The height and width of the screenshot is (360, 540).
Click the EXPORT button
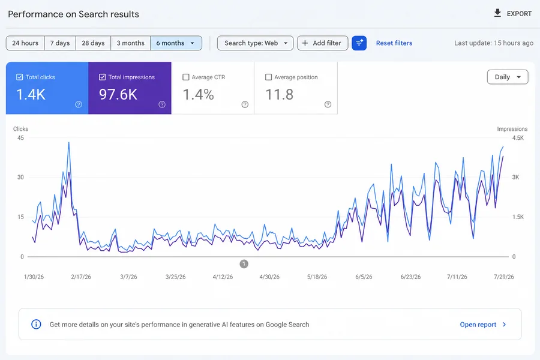coord(513,13)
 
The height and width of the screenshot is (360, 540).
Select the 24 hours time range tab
coord(25,43)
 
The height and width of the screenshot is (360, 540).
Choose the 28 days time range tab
coord(93,43)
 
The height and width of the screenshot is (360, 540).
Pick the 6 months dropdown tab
coord(176,43)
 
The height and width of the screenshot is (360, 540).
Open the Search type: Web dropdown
coord(255,43)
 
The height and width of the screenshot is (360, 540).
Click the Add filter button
coord(322,43)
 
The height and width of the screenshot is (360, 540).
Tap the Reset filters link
coord(394,43)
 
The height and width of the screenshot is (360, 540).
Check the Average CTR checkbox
coord(186,77)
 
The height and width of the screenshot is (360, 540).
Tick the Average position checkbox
coord(269,77)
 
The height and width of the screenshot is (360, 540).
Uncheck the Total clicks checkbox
coord(20,77)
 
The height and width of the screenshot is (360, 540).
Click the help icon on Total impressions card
coord(162,104)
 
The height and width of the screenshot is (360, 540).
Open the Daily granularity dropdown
coord(507,77)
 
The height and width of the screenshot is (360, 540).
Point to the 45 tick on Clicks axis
coord(20,138)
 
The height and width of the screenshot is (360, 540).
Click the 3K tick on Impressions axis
coord(515,177)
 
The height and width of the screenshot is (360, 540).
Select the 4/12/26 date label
coord(223,277)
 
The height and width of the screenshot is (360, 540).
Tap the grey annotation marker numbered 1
coord(244,264)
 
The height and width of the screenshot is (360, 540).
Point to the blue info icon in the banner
coord(36,324)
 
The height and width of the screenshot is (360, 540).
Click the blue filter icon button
coord(359,43)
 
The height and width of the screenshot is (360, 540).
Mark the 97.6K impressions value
coord(118,94)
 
